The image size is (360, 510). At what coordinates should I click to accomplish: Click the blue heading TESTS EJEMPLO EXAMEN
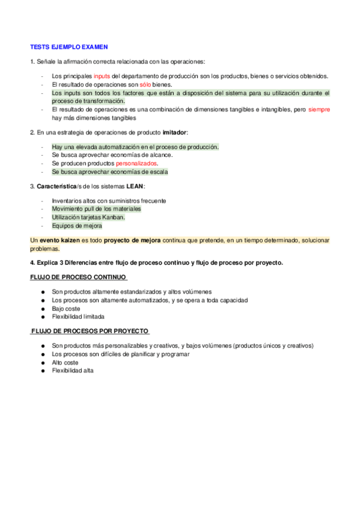click(69, 46)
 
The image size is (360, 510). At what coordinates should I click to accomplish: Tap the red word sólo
click(145, 85)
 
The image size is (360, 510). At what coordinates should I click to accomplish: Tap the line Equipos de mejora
click(77, 226)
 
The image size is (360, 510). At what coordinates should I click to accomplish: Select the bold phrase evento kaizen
click(60, 240)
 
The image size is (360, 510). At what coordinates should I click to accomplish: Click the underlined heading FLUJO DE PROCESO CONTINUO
click(78, 277)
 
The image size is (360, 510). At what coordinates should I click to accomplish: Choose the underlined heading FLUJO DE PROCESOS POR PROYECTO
click(90, 331)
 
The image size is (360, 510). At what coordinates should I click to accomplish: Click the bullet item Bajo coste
click(66, 308)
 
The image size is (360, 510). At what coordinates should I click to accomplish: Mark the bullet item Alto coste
click(66, 362)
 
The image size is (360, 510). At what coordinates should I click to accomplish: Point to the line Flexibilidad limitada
click(78, 316)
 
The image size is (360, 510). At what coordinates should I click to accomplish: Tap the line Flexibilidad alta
click(73, 370)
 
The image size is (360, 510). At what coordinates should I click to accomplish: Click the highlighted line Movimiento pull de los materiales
click(97, 209)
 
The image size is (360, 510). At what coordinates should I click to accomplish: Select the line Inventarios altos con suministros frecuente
click(109, 200)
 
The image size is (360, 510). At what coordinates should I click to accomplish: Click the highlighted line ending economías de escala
click(110, 172)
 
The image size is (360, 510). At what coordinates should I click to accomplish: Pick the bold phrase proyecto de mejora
click(132, 240)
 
